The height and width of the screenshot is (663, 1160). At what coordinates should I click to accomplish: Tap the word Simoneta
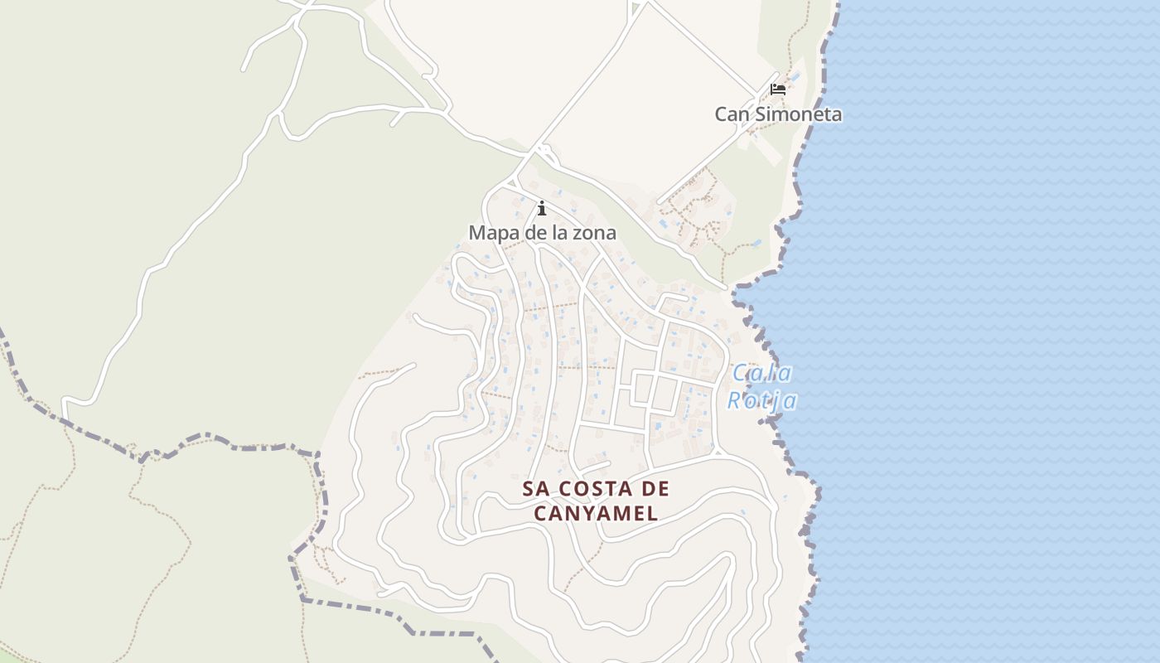(x=796, y=114)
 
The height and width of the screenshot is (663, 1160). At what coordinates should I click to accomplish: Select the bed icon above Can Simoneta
(x=777, y=89)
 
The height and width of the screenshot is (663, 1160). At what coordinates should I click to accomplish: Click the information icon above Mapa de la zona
(x=542, y=208)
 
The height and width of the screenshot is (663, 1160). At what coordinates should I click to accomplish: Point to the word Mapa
(x=495, y=233)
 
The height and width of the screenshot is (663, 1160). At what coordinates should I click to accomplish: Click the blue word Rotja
(x=762, y=401)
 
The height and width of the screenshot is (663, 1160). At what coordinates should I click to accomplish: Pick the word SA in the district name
(x=534, y=489)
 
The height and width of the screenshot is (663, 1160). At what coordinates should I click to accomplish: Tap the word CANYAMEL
(x=596, y=513)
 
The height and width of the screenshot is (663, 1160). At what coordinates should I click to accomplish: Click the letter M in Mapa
(x=476, y=233)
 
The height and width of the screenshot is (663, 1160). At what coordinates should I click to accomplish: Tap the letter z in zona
(x=576, y=234)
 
